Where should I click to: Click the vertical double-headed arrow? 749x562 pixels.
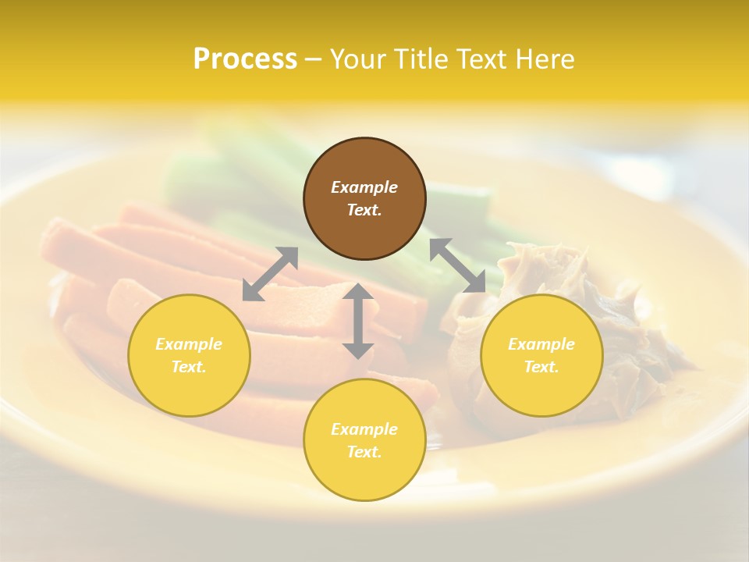tap(358, 321)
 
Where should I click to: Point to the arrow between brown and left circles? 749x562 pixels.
tap(270, 273)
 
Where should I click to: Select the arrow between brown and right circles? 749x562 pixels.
tap(457, 265)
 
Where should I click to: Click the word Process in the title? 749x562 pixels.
tap(245, 59)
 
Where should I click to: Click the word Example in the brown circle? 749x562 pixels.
tap(364, 187)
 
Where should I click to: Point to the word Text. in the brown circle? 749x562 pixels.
tap(364, 210)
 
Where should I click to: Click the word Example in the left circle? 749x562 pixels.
tap(189, 344)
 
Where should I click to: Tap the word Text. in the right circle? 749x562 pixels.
tap(541, 367)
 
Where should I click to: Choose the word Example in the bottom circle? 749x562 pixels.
tap(364, 429)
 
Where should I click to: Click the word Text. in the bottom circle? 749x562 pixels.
tap(364, 452)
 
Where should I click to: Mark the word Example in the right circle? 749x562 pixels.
tap(541, 344)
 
